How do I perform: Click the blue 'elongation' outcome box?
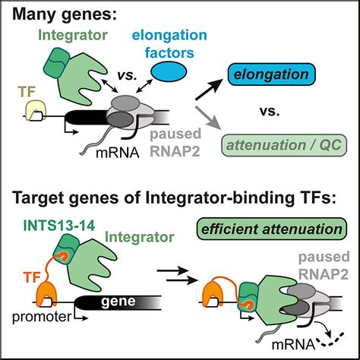click(272, 74)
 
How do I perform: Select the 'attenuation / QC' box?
click(284, 145)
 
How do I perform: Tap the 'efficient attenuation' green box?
click(272, 229)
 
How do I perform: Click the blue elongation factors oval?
click(169, 71)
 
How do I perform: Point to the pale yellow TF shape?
click(36, 109)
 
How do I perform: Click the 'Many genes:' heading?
click(65, 14)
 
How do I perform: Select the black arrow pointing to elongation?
click(209, 89)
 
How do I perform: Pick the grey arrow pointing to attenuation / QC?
click(208, 118)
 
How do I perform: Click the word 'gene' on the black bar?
click(118, 302)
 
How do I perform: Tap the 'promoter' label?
click(42, 317)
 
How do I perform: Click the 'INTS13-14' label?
click(59, 225)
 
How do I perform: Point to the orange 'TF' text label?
click(32, 276)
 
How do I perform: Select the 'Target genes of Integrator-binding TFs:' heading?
click(175, 197)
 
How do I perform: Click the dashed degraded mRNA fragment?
click(332, 340)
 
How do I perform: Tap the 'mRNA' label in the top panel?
click(118, 153)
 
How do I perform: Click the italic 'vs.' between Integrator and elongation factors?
click(127, 75)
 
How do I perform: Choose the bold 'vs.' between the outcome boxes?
click(270, 111)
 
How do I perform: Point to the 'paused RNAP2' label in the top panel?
click(175, 143)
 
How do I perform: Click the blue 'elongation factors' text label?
click(169, 44)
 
